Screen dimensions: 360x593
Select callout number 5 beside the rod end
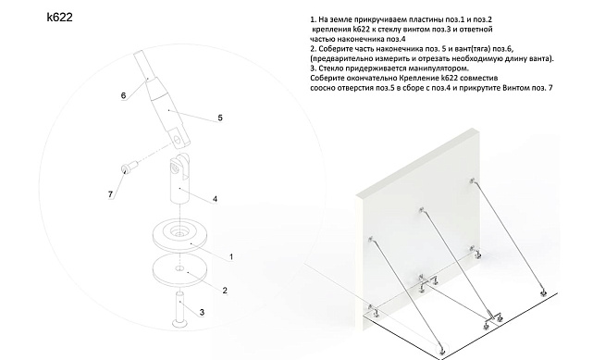pos(220,118)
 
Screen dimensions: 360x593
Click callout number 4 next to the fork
pos(215,199)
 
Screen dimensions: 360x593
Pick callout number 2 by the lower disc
pos(224,290)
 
